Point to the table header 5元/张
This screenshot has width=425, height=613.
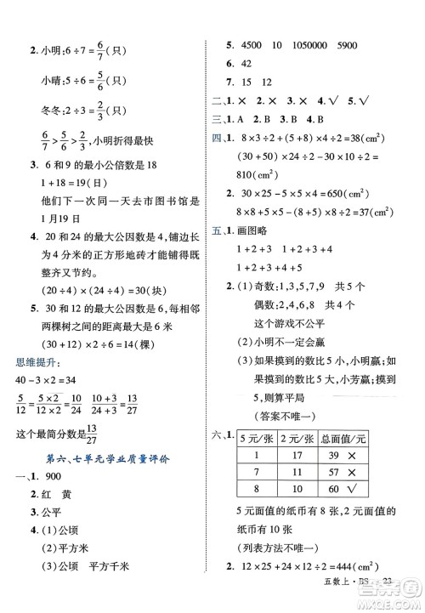[x=243, y=438]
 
